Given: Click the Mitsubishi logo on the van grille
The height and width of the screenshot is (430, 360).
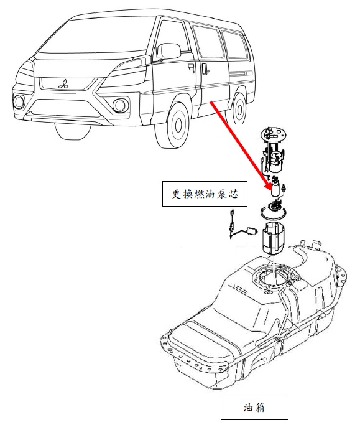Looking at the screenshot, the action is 63,84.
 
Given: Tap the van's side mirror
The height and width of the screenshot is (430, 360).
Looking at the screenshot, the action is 168,50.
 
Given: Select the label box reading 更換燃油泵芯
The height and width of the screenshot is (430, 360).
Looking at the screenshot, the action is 205,194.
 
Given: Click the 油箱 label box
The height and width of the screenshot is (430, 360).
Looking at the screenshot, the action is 254,407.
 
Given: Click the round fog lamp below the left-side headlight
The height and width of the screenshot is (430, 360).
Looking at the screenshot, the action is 19,101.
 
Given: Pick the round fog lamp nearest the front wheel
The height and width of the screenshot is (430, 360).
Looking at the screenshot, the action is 119,105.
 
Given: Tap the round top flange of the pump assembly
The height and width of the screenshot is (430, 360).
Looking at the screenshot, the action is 274,134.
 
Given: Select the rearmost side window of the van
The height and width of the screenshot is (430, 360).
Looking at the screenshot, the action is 234,45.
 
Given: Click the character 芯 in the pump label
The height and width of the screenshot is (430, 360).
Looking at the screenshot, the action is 233,194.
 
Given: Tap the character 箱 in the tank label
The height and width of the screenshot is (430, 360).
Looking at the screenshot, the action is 260,408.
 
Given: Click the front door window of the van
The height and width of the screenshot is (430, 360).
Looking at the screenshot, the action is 173,41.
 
